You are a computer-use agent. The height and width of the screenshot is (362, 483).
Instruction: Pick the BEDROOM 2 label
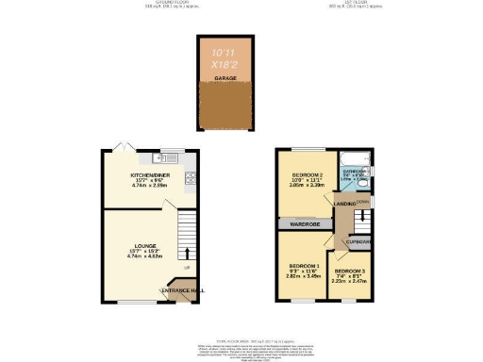click(x=307, y=175)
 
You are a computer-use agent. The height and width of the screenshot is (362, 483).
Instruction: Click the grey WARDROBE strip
click(x=308, y=224)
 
